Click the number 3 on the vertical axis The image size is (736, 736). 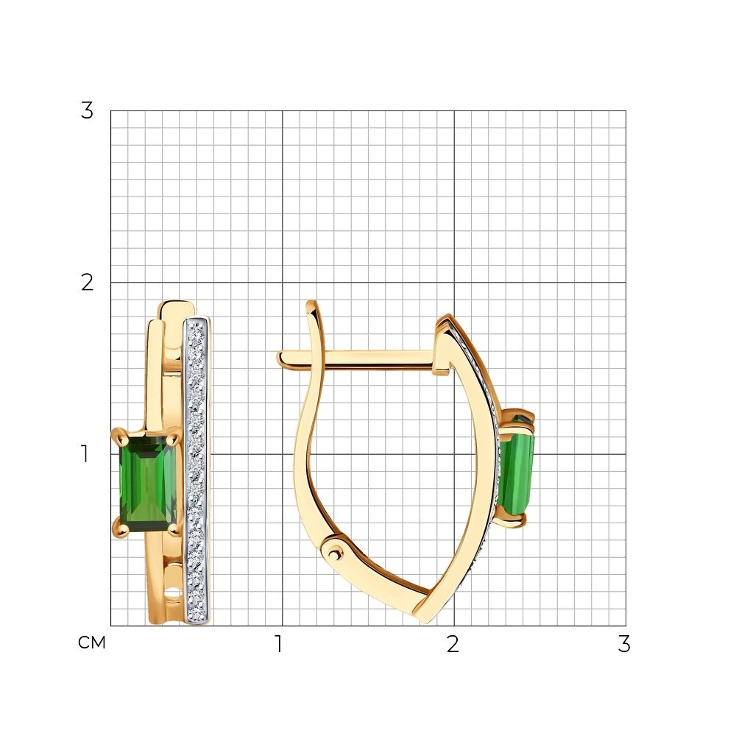coord(88,111)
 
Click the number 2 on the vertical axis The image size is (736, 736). coord(88,283)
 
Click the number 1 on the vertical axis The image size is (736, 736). coord(85,454)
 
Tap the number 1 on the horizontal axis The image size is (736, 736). coord(279,644)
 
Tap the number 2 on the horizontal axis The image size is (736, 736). coord(453,644)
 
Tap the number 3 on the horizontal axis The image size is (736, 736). coord(624,644)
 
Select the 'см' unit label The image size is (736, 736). coord(92,643)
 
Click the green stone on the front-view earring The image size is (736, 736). coord(148,484)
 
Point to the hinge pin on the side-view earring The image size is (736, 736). coord(333,554)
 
